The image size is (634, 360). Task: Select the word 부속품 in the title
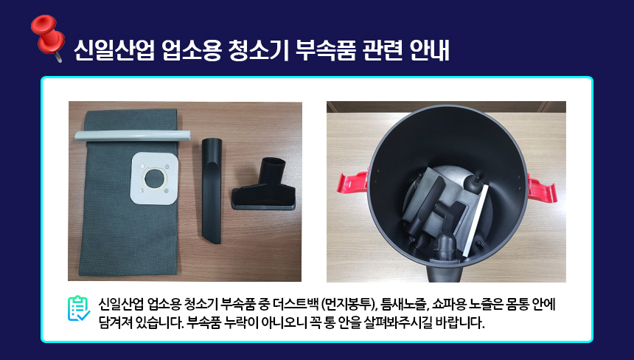326,51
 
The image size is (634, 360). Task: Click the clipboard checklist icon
79,308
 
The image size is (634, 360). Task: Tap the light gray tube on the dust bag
132,135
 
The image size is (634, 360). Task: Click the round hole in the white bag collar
153,178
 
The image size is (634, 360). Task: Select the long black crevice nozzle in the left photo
212,190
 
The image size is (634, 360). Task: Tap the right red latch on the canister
542,187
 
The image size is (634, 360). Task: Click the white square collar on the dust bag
154,179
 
